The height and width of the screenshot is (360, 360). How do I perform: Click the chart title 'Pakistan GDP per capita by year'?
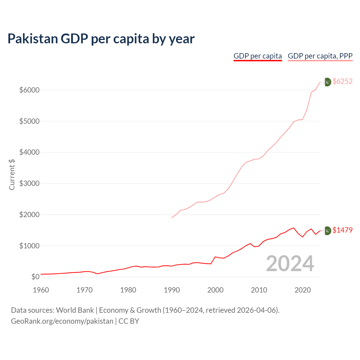[x=101, y=39]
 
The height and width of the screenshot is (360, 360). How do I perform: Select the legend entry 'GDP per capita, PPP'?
[x=320, y=56]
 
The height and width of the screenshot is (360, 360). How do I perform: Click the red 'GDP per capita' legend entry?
[x=258, y=56]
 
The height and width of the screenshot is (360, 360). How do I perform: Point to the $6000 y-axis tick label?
[x=29, y=90]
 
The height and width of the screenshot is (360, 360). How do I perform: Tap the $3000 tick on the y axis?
[x=29, y=184]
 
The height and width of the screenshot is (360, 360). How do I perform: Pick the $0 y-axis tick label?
[x=35, y=277]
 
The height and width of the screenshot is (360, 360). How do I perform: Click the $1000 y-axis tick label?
[x=29, y=246]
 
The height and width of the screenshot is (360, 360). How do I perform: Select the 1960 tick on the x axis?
[x=41, y=290]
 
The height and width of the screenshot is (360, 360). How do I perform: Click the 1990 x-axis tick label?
[x=172, y=290]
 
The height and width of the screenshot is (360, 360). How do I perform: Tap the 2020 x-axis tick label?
[x=303, y=290]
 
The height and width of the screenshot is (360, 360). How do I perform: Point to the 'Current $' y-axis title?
[x=12, y=174]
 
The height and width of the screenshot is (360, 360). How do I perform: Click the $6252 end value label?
[x=342, y=82]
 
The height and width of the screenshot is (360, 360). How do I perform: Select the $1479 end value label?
[x=342, y=230]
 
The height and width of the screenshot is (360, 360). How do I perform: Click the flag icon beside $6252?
[x=327, y=82]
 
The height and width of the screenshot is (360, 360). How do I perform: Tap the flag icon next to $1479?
[x=327, y=231]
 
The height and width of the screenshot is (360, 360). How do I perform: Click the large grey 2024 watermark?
[x=290, y=264]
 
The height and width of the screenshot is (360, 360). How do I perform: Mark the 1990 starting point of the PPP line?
[x=172, y=217]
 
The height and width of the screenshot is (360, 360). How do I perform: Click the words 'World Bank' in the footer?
[x=75, y=310]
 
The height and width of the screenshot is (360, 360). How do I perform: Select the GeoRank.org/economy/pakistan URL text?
[x=62, y=321]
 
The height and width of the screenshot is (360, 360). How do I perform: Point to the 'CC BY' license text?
[x=129, y=321]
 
